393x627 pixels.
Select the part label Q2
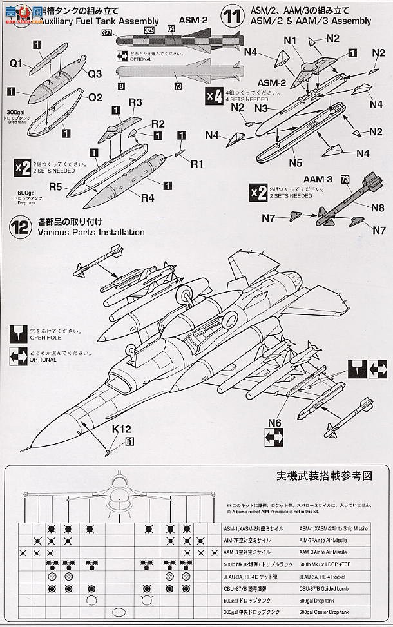pyautogui.click(x=95, y=98)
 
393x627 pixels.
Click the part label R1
pyautogui.click(x=196, y=164)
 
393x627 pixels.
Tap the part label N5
pyautogui.click(x=296, y=164)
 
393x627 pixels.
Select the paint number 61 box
pyautogui.click(x=131, y=441)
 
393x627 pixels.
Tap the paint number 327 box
pyautogui.click(x=124, y=32)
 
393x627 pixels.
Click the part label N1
pyautogui.click(x=289, y=39)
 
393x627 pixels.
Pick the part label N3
pyautogui.click(x=261, y=109)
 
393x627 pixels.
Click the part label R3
pyautogui.click(x=135, y=102)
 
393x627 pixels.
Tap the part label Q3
pyautogui.click(x=95, y=73)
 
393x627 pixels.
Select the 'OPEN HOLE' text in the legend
pyautogui.click(x=45, y=336)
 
